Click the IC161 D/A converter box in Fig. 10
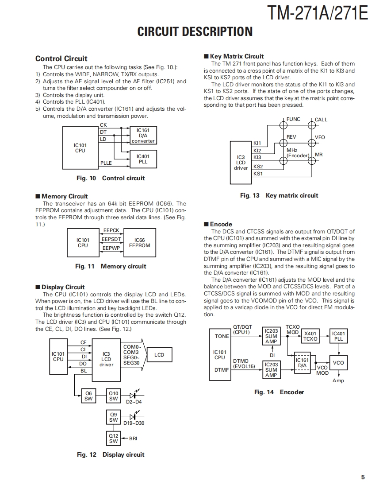(143, 136)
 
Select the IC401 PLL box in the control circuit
(143, 159)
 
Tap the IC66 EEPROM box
(139, 243)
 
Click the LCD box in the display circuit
(159, 355)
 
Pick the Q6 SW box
(89, 396)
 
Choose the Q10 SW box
(114, 396)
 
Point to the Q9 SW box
(114, 417)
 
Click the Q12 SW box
(114, 439)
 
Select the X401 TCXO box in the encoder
(310, 336)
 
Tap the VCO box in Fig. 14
(338, 363)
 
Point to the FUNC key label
(293, 119)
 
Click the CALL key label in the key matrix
(321, 120)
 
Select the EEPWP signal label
(111, 248)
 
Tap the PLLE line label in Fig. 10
(106, 163)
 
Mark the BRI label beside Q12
(133, 439)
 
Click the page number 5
(363, 477)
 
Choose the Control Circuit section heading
(61, 58)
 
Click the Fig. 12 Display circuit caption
(111, 454)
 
